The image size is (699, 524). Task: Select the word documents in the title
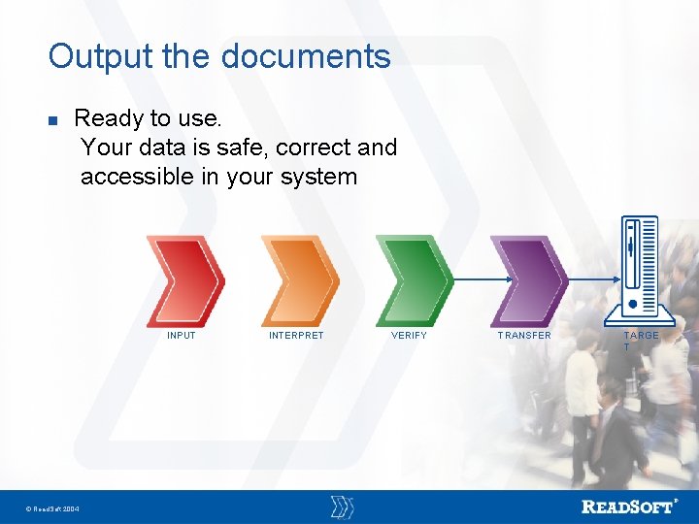306,56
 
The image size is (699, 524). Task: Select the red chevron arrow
184,280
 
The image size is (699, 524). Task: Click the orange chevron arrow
299,280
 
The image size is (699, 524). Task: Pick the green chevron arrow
414,280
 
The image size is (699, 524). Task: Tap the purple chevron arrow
528,280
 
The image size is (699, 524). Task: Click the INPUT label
182,336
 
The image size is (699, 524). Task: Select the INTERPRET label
296,336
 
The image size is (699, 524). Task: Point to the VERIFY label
409,336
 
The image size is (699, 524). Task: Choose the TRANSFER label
524,336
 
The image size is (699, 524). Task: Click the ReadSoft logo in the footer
628,507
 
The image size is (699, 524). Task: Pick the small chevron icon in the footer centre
342,507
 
